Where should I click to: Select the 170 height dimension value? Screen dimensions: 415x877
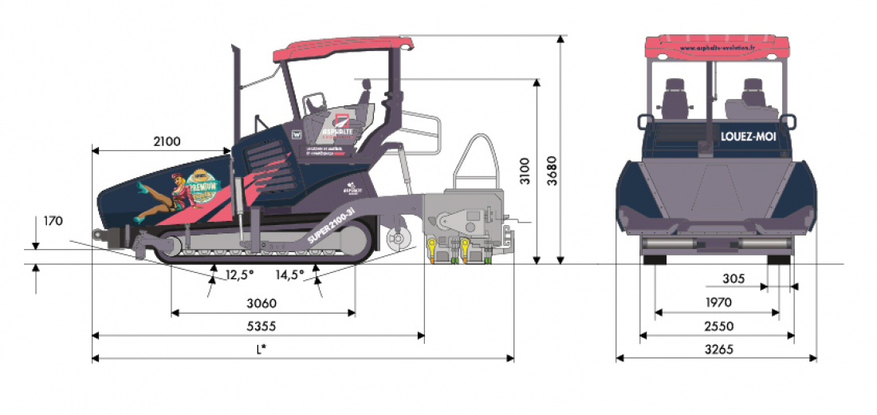[x=53, y=220]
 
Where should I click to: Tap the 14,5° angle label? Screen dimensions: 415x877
[x=291, y=275]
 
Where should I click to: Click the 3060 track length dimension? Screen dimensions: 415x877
[x=262, y=303]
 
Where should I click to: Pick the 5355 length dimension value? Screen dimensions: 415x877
[x=262, y=326]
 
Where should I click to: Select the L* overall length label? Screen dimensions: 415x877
[x=261, y=349]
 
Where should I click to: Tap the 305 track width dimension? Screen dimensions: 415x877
[x=733, y=279]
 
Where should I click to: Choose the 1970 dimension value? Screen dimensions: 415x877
[x=718, y=302]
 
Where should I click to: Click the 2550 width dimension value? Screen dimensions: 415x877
[x=718, y=326]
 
